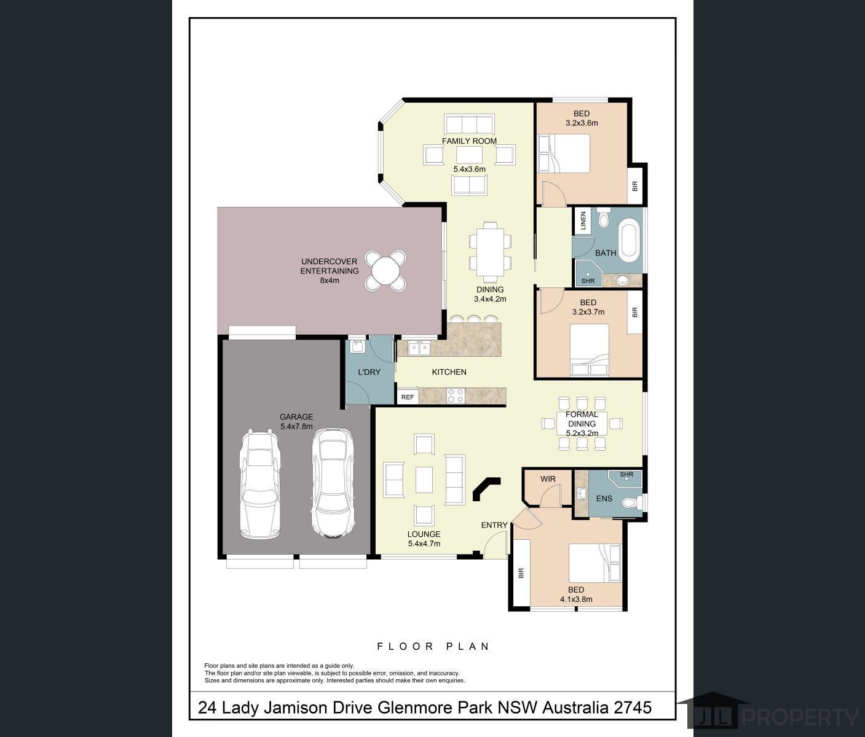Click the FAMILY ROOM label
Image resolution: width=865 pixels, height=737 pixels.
(469, 141)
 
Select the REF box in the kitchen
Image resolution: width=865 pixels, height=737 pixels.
(408, 397)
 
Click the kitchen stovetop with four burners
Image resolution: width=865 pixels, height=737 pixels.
(456, 396)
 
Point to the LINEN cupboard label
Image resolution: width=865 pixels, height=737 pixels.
(583, 220)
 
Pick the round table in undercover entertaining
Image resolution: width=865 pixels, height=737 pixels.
(385, 270)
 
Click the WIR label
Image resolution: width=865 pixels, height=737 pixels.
(548, 479)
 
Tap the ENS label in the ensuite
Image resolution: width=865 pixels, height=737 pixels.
(604, 498)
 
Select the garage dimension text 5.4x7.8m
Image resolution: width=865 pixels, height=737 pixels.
(296, 426)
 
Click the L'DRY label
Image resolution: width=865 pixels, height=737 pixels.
(369, 372)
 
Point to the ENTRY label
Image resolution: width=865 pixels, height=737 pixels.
(494, 525)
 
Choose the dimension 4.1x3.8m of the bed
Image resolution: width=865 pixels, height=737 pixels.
(576, 599)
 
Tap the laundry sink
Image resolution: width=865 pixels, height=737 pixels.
(357, 346)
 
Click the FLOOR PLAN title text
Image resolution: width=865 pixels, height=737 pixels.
(433, 646)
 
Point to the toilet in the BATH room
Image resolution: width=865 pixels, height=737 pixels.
(603, 218)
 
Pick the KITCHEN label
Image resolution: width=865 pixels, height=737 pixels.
(449, 372)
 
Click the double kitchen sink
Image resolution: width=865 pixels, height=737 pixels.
(419, 348)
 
